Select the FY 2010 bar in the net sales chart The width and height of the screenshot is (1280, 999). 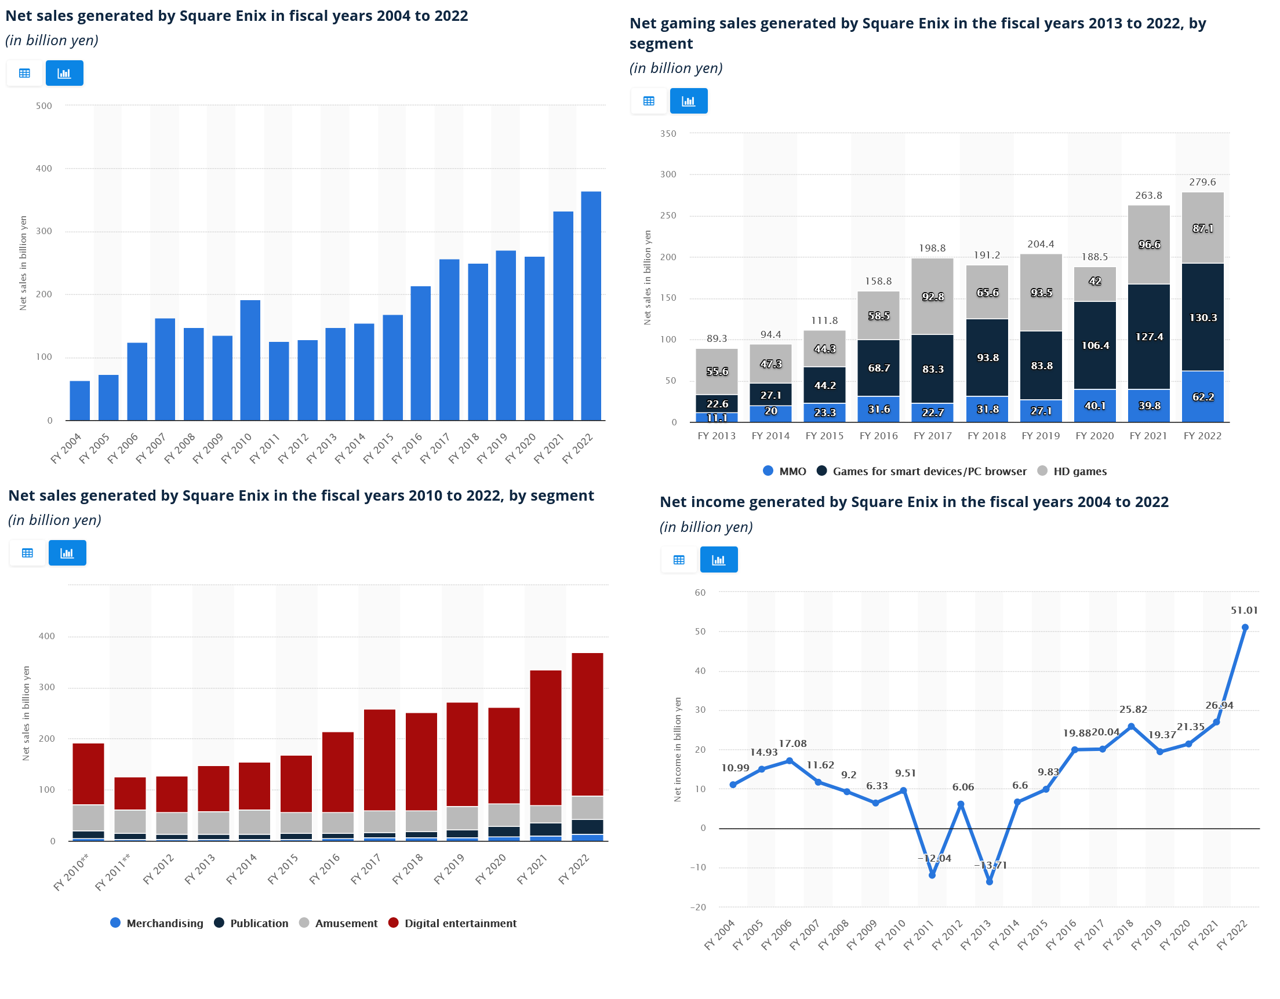coord(250,360)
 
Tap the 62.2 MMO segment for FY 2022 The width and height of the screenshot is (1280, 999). coord(1202,397)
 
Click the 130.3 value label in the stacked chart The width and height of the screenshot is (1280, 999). coord(1203,318)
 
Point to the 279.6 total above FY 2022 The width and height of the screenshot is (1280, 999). coord(1202,182)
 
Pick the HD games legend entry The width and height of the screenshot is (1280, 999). coord(1079,472)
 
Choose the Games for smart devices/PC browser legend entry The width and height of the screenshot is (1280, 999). coord(929,472)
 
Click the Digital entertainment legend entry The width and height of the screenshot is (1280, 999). coord(460,924)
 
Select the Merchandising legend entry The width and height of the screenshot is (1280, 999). coord(164,924)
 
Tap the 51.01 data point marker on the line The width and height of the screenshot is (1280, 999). coord(1245,628)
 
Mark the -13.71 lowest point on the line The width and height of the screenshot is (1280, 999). coord(990,882)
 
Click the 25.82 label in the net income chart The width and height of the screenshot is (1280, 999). coord(1133,709)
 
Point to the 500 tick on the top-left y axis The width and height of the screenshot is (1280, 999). coord(44,106)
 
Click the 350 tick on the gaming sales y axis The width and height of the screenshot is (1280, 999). coord(668,134)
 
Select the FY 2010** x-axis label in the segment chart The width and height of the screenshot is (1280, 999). coord(71,873)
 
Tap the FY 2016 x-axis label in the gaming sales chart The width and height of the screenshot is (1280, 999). coord(878,436)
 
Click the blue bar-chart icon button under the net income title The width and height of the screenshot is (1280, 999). coord(718,560)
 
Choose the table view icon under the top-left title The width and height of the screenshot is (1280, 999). coord(24,73)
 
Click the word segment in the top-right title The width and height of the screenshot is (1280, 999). coord(661,44)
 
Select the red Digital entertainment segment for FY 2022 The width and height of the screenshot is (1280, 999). coord(587,724)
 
